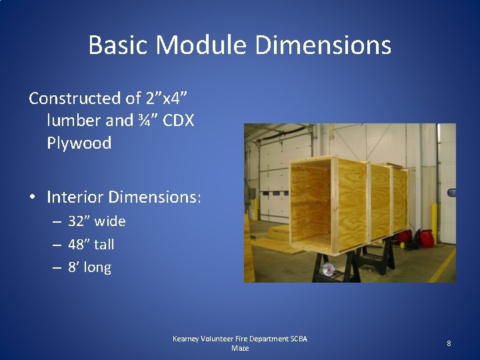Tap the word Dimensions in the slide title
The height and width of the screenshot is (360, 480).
point(323,45)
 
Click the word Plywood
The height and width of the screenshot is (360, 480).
point(79,143)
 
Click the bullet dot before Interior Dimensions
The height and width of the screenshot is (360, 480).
point(33,198)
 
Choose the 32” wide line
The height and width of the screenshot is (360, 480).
point(97,221)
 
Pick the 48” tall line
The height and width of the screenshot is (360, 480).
point(91,245)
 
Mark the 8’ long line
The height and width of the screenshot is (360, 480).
point(89,268)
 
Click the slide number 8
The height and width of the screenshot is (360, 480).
point(449,343)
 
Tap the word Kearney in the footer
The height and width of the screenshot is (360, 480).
point(188,339)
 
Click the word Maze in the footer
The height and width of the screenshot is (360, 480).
point(239,348)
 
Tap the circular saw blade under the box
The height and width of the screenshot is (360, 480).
point(328,269)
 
